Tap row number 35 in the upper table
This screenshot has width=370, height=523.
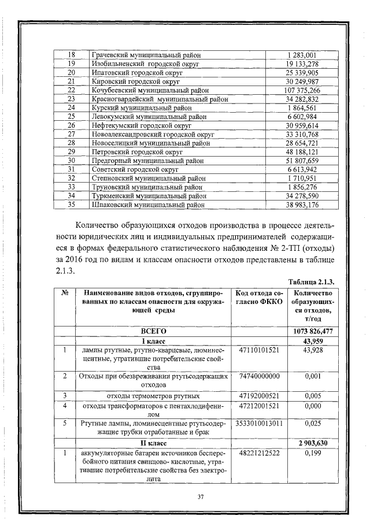(x=72, y=204)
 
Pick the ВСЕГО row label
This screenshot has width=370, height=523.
(x=154, y=331)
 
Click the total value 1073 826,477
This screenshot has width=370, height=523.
(x=313, y=331)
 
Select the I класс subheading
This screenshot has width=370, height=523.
(x=154, y=341)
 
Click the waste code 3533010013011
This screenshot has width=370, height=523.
(x=259, y=423)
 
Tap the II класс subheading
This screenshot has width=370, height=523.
(x=154, y=443)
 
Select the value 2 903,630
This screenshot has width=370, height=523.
(x=313, y=443)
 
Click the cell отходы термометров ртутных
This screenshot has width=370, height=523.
(x=154, y=395)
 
